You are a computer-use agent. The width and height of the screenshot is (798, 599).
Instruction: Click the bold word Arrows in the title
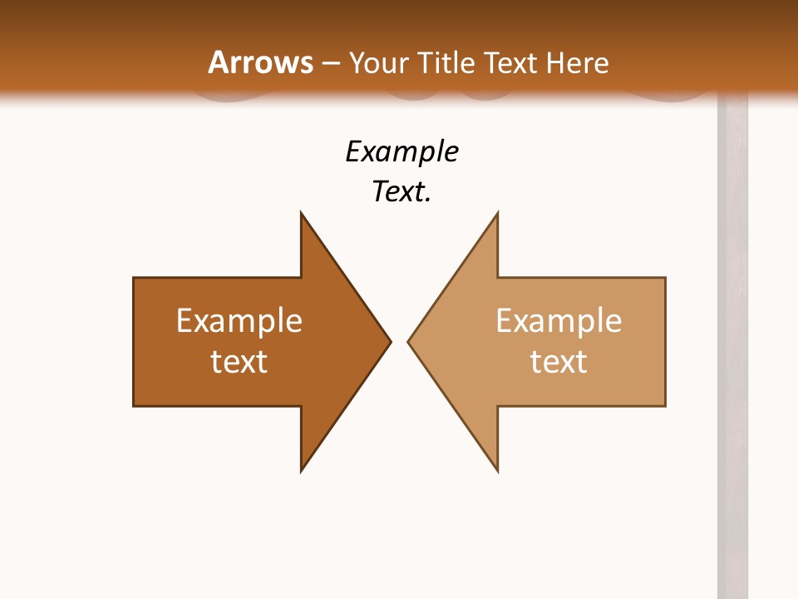261,62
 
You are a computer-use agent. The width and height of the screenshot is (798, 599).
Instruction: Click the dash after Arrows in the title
331,64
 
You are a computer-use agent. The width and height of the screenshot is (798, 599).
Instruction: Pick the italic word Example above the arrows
401,152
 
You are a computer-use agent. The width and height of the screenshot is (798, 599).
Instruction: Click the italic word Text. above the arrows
401,191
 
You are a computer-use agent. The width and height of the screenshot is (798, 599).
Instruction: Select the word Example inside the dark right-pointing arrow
239,321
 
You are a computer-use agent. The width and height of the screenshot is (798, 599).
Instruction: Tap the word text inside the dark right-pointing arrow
239,361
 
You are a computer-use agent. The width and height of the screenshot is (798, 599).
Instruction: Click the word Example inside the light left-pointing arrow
559,321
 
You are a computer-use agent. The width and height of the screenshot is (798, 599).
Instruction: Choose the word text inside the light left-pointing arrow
559,361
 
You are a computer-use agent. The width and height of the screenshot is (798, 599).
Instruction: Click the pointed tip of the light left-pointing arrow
409,341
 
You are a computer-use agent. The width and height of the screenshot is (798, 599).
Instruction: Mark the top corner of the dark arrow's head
302,214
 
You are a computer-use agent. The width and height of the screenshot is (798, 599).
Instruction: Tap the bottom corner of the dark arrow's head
302,470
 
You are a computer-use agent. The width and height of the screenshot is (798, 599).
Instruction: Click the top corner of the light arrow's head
497,214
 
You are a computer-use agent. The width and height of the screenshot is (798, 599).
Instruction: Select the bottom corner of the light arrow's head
497,470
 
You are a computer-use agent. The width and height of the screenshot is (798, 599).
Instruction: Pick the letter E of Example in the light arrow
504,321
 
